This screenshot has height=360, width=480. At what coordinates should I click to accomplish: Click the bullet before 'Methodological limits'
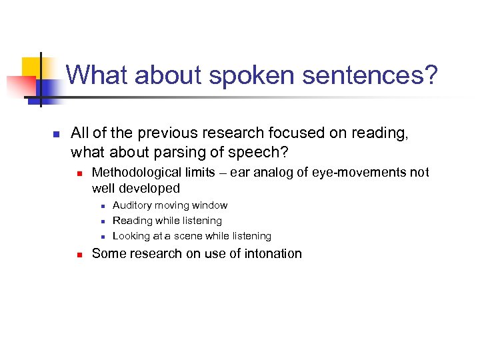78,173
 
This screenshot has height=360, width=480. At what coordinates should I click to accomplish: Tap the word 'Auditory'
132,205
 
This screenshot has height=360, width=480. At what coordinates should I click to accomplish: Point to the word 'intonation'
274,253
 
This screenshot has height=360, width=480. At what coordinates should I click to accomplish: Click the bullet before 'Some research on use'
78,254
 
